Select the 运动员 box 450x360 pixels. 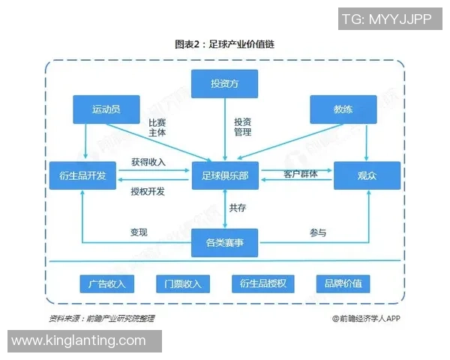[x=106, y=109]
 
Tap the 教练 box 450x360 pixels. [x=343, y=109]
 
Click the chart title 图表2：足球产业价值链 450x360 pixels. [x=225, y=45]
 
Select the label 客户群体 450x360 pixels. [x=300, y=174]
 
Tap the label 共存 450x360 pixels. [x=238, y=208]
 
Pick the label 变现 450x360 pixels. [x=139, y=232]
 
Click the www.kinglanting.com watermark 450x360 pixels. [x=79, y=340]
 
